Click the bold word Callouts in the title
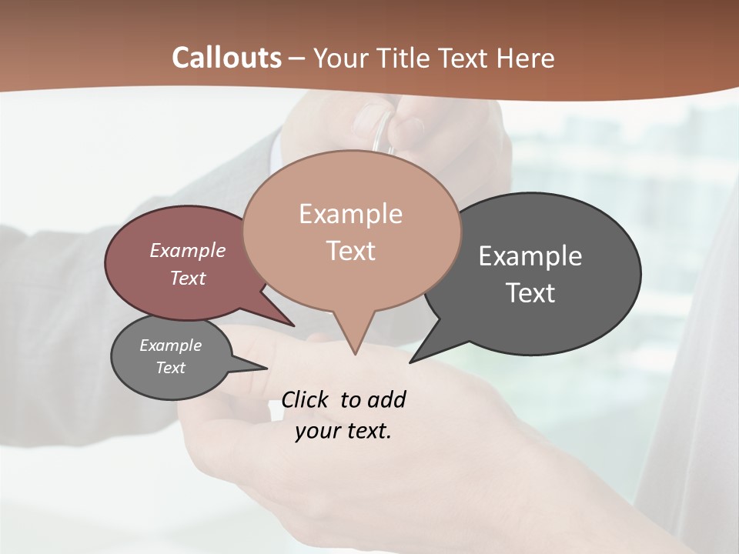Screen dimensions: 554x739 click(226, 58)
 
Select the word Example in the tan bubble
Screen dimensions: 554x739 click(350, 214)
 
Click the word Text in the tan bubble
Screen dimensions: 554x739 click(350, 251)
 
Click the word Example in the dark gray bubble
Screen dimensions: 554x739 click(530, 255)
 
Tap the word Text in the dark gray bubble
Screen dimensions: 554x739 click(530, 292)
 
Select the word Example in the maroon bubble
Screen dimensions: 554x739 click(188, 250)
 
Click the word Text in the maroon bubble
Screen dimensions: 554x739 click(188, 278)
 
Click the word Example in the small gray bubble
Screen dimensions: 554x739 click(170, 345)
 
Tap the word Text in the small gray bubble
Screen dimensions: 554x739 click(170, 368)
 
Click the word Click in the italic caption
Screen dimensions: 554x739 click(305, 399)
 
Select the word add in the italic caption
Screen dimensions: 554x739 click(386, 399)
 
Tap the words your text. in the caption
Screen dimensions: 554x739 click(343, 430)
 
